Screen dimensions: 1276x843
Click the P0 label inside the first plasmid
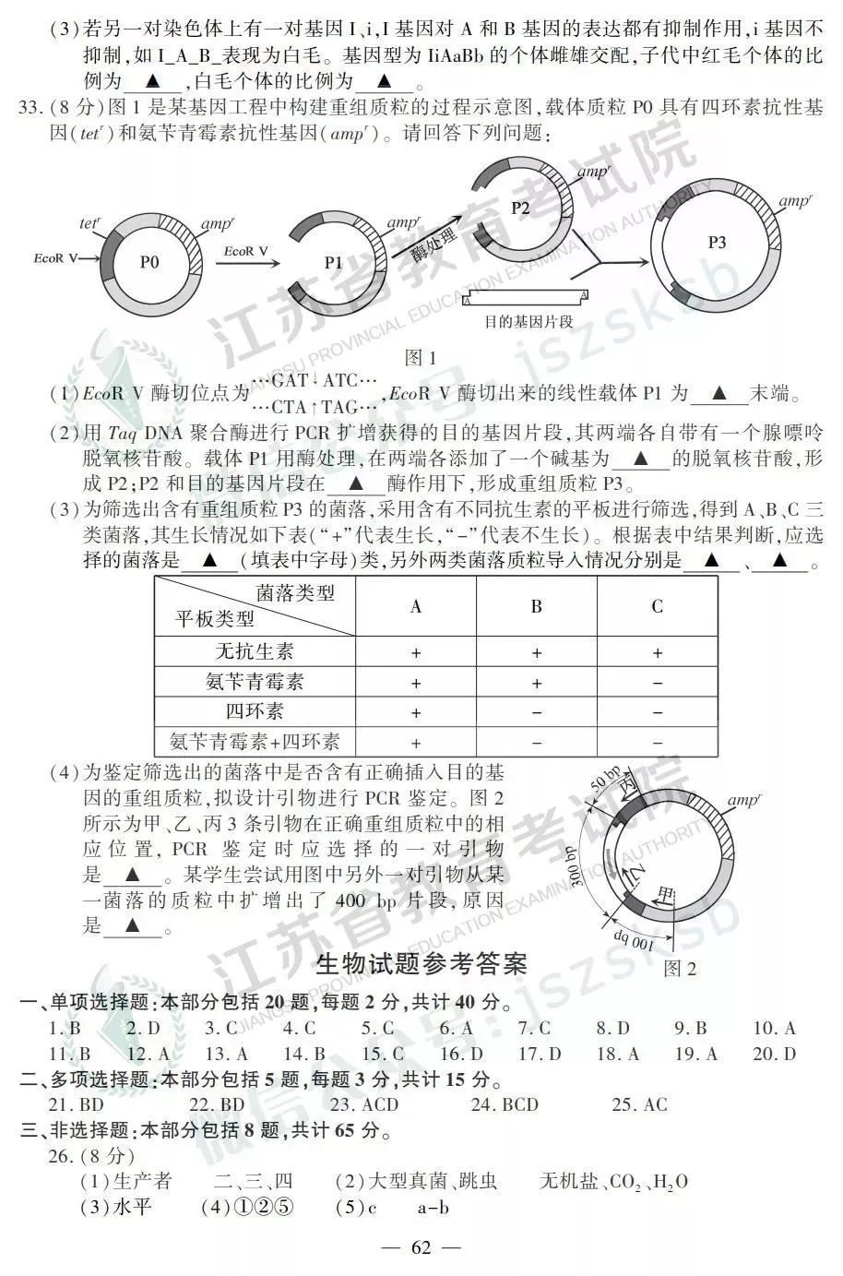[149, 262]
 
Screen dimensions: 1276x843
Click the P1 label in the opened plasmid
[333, 263]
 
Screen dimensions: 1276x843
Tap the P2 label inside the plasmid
[520, 208]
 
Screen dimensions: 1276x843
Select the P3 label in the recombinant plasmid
[717, 243]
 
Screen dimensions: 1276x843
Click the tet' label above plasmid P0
[89, 224]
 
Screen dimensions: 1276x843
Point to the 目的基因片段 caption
[528, 322]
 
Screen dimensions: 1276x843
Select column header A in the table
[416, 606]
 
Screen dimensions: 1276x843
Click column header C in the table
[657, 606]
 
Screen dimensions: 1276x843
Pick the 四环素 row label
[255, 711]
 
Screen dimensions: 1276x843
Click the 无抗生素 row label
[255, 651]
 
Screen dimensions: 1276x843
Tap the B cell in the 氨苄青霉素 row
[536, 683]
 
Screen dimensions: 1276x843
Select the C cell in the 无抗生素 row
[657, 652]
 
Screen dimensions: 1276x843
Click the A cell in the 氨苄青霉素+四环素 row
[416, 742]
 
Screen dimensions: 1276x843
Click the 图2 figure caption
[680, 968]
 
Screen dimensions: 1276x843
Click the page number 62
[421, 1248]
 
